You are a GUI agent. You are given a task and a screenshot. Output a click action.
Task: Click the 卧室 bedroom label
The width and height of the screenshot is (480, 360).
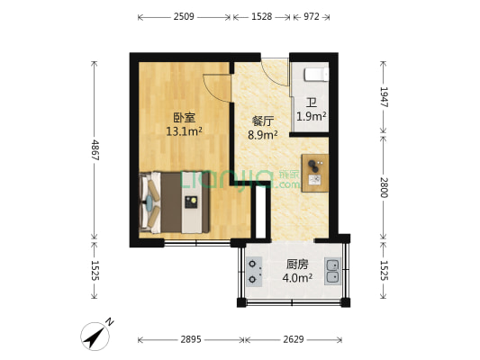click(x=184, y=117)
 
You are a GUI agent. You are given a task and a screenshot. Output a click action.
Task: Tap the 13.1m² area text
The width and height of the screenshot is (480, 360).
click(x=184, y=131)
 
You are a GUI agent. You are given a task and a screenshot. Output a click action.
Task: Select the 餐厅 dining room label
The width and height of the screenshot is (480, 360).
click(x=263, y=121)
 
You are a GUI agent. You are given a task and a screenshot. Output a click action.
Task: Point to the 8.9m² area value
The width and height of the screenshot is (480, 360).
click(x=263, y=135)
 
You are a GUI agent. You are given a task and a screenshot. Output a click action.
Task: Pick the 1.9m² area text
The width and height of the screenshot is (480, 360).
click(x=312, y=116)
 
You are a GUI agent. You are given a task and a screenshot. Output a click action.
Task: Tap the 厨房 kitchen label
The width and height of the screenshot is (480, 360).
click(x=298, y=265)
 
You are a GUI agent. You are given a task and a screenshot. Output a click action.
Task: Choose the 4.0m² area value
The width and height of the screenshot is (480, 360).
click(x=298, y=278)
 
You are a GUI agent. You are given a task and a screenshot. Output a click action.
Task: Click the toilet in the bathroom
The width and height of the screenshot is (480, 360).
click(x=316, y=73)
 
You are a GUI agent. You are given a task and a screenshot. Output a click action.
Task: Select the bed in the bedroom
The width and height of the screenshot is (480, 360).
click(x=175, y=202)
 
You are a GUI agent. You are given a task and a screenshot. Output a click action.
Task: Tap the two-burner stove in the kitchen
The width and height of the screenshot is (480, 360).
click(x=255, y=272)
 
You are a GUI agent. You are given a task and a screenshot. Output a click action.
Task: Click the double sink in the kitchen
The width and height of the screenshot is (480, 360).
click(x=332, y=271)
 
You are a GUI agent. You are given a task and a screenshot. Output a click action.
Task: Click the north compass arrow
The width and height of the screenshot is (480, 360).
click(x=95, y=335)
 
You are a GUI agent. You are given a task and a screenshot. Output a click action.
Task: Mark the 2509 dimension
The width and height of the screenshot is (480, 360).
click(x=185, y=17)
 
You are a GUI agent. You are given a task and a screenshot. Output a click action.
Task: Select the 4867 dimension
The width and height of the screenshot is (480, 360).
click(x=95, y=148)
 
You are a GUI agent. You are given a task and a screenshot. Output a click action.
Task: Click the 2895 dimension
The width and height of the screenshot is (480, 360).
click(x=191, y=339)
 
